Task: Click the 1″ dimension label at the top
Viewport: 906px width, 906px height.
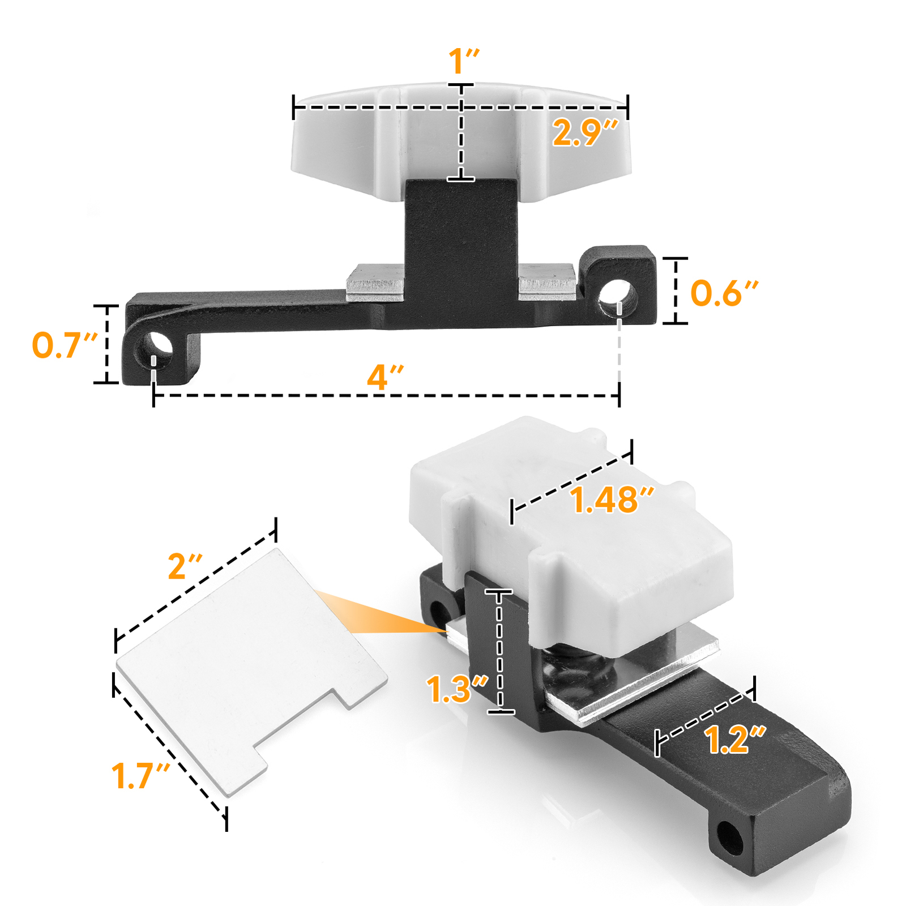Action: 463,61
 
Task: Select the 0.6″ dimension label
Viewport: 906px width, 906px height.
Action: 724,293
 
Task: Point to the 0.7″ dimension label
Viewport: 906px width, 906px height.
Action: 64,345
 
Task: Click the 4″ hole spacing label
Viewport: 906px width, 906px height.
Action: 385,377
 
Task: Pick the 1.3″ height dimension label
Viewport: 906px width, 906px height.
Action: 456,689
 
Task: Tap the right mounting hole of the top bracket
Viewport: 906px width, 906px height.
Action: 619,296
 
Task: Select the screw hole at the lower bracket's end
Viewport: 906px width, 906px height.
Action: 730,839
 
